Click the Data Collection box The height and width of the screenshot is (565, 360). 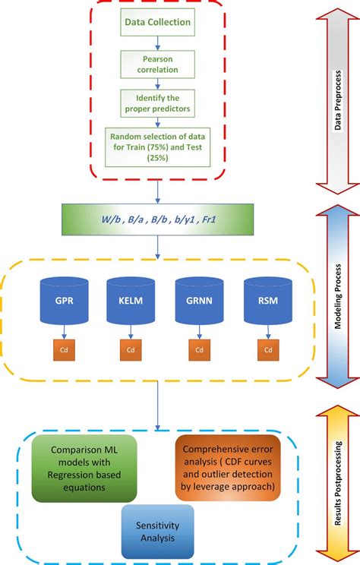click(158, 23)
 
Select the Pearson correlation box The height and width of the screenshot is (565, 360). click(158, 64)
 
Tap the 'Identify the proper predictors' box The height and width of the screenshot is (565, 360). click(158, 103)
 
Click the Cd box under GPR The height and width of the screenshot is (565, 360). click(63, 351)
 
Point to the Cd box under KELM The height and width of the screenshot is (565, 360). click(130, 351)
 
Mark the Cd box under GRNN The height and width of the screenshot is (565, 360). click(198, 351)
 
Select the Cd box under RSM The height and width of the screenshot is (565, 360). click(267, 351)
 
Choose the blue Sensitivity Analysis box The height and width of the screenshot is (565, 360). click(157, 532)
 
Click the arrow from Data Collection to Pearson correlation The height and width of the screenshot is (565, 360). click(158, 44)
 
